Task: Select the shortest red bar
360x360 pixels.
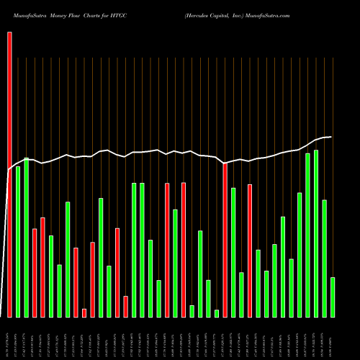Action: (84, 312)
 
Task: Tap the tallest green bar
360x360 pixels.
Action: (316, 233)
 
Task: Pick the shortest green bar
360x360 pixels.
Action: (217, 313)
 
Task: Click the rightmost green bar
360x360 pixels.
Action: (333, 297)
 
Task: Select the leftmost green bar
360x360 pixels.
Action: (18, 241)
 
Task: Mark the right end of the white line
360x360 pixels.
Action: (331, 137)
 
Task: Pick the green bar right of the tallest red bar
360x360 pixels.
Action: (18, 241)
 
